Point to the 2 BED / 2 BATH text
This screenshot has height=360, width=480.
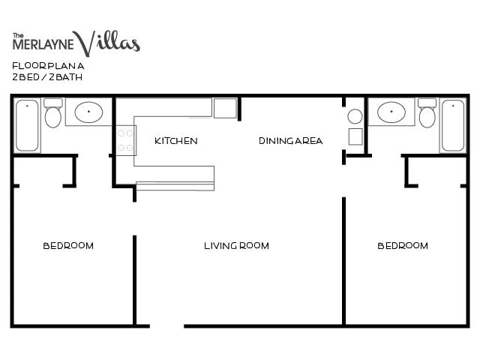click(41, 76)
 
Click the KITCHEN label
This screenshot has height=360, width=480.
click(176, 141)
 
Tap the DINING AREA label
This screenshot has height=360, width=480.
click(291, 141)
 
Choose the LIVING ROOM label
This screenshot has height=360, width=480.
click(236, 246)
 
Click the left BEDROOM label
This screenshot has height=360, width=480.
click(68, 246)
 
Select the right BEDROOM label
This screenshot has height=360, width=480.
click(403, 246)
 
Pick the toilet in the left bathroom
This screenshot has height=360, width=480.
click(52, 114)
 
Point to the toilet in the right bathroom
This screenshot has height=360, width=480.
click(427, 114)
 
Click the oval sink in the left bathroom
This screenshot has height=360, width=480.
click(89, 112)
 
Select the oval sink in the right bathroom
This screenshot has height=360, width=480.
click(391, 112)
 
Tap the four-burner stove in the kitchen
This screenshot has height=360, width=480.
click(125, 140)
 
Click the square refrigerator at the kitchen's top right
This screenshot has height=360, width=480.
click(225, 108)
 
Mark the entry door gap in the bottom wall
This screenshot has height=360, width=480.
click(159, 325)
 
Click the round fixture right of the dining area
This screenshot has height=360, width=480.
click(355, 116)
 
